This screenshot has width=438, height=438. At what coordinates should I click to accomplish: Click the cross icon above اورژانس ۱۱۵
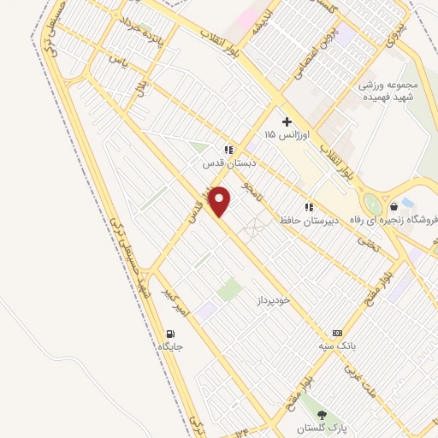286,121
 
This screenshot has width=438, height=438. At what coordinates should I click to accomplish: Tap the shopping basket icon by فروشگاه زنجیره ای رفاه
394,206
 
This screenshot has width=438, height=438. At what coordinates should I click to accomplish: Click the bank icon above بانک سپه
337,332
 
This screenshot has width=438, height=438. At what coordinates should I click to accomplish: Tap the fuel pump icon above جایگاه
170,333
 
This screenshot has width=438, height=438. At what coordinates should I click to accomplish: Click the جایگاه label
170,346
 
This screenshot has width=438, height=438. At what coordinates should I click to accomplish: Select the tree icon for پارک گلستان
322,415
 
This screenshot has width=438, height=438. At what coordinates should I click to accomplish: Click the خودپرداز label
275,302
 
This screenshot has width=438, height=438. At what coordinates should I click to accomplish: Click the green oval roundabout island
371,204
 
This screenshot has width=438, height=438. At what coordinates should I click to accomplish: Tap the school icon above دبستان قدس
228,148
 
